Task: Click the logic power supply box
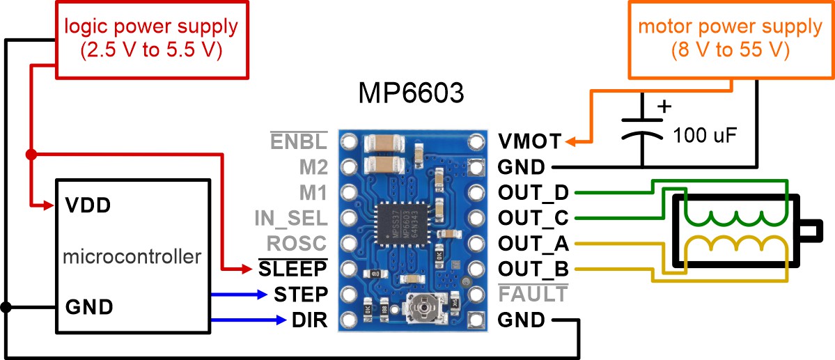click(151, 38)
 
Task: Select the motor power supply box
click(730, 38)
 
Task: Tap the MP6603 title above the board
click(411, 94)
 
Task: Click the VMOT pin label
click(529, 141)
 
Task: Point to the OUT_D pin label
click(533, 192)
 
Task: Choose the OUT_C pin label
click(533, 218)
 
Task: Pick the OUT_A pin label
click(533, 244)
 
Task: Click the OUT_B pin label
click(533, 269)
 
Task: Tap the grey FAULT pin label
click(533, 294)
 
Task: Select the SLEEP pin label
click(292, 269)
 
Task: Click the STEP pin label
click(301, 294)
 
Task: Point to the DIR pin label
click(310, 320)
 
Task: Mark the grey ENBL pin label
click(298, 141)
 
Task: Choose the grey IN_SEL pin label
click(290, 218)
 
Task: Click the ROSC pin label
click(297, 244)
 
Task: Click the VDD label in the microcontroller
click(88, 205)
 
